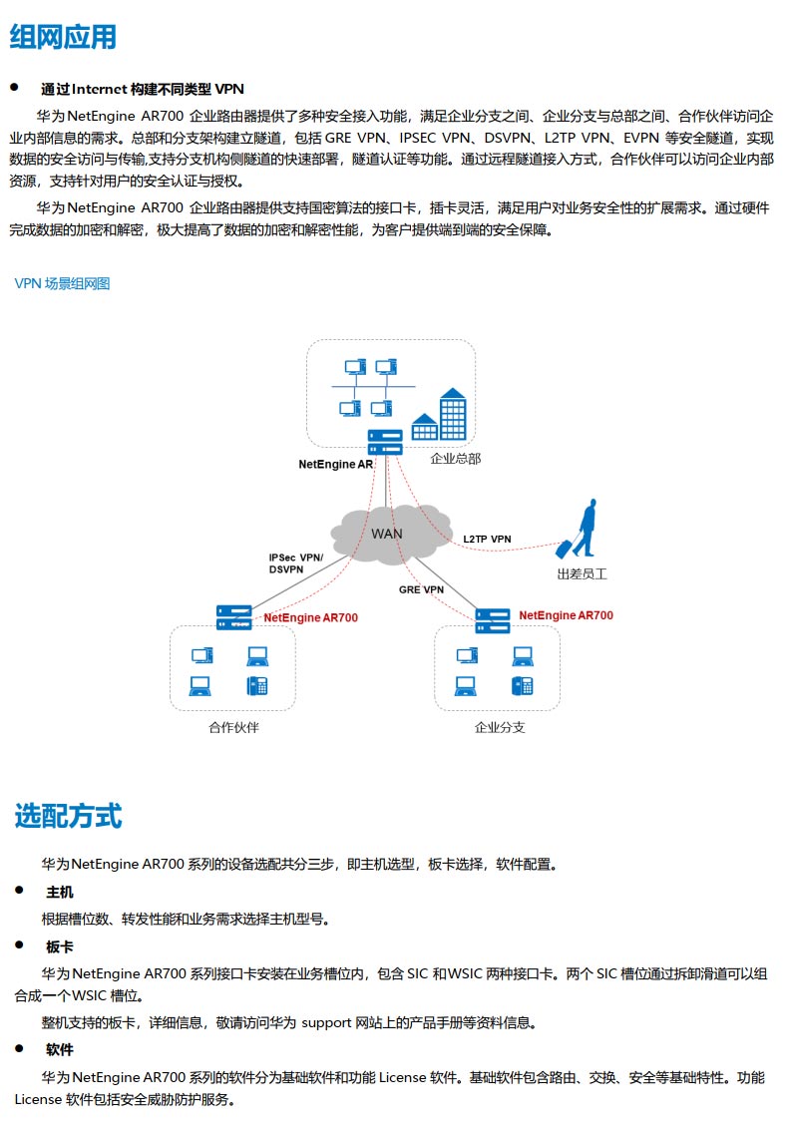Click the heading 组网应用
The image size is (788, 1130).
[x=63, y=37]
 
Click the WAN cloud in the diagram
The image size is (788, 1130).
[x=389, y=534]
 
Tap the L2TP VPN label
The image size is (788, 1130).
[x=487, y=539]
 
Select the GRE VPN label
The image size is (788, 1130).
[x=421, y=589]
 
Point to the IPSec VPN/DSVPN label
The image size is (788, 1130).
[x=295, y=564]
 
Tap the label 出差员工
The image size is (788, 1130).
[x=582, y=574]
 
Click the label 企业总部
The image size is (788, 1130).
[x=455, y=459]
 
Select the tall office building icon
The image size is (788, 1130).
[x=453, y=414]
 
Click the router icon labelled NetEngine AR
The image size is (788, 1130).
[x=385, y=442]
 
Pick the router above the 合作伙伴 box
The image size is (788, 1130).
[x=234, y=617]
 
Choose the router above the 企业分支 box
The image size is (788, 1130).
[x=493, y=620]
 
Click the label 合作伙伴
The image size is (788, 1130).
[x=233, y=728]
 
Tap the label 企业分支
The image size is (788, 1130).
[x=500, y=728]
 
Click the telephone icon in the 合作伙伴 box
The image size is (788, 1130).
[x=257, y=685]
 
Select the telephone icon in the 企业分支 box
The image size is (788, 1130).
[x=523, y=685]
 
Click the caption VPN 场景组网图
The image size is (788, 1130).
[x=62, y=283]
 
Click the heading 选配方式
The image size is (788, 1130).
[x=68, y=816]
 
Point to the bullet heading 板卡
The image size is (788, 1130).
[x=60, y=946]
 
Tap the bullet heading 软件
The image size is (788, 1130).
[x=60, y=1050]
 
